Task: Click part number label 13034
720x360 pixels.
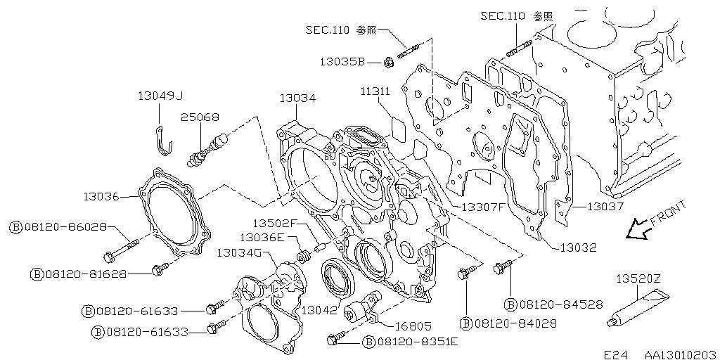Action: pyautogui.click(x=298, y=98)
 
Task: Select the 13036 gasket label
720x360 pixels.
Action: pyautogui.click(x=101, y=197)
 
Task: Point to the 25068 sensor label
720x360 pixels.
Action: pyautogui.click(x=200, y=117)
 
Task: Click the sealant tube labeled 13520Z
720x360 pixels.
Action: pyautogui.click(x=635, y=308)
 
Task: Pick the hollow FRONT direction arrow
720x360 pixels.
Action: pyautogui.click(x=638, y=229)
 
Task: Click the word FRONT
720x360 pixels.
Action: pyautogui.click(x=668, y=214)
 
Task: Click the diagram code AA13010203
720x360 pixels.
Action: pyautogui.click(x=681, y=355)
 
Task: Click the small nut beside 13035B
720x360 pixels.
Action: pyautogui.click(x=388, y=62)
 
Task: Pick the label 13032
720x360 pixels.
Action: pyautogui.click(x=578, y=248)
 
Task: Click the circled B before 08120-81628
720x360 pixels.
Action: pyautogui.click(x=36, y=275)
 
